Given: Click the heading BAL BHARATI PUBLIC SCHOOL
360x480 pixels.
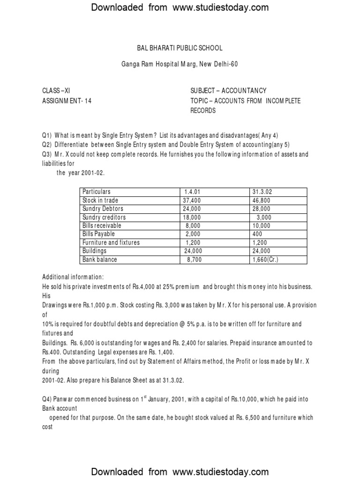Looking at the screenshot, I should pos(180,48).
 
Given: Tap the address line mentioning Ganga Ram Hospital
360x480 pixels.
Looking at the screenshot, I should pos(180,64).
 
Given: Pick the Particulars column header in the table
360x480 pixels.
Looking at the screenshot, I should pos(97,192).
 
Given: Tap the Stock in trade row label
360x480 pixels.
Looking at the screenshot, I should pos(100,200).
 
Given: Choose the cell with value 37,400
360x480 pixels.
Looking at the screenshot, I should pos(191,200).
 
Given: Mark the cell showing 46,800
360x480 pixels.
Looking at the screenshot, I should pos(261,200).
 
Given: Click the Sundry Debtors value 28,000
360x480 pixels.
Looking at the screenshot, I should pos(261,209).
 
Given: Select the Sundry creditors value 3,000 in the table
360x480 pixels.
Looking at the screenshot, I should pos(263,217).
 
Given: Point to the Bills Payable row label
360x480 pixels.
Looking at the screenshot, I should pos(98,234).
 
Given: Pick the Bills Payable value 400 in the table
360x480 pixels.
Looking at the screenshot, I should pos(257,234).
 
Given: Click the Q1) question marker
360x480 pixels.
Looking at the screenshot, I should pos(47,135).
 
